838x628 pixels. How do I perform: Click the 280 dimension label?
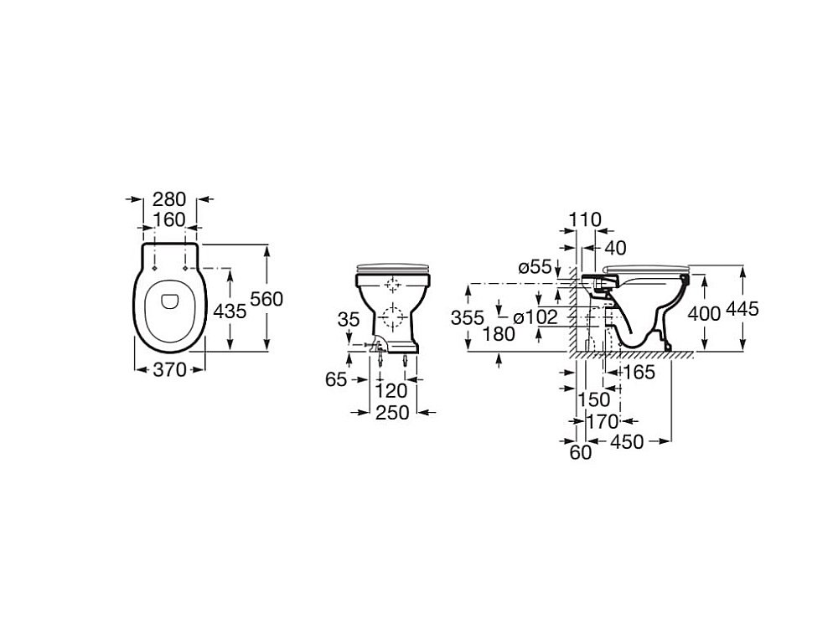tap(169, 199)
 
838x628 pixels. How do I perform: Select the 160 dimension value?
tap(169, 219)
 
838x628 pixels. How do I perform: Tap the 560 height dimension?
tap(266, 299)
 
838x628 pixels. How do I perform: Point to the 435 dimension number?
tap(230, 311)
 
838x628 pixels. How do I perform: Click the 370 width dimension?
tap(169, 369)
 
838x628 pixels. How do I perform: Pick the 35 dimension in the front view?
tap(349, 319)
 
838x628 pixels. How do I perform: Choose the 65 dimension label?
tap(336, 379)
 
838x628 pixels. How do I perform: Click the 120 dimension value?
tap(391, 391)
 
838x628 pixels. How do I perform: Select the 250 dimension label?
tap(392, 412)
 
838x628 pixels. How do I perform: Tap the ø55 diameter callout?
tap(535, 266)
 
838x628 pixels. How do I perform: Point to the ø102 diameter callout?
tap(535, 317)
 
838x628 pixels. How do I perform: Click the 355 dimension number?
tap(468, 317)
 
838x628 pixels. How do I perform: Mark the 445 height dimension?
tap(742, 309)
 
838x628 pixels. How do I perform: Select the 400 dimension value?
tap(705, 314)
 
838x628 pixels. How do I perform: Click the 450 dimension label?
tap(628, 441)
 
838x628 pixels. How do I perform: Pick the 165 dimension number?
tap(639, 372)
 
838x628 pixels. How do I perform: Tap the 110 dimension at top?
tap(585, 219)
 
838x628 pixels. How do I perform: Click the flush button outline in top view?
tap(170, 301)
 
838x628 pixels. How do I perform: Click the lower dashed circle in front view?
tap(393, 317)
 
